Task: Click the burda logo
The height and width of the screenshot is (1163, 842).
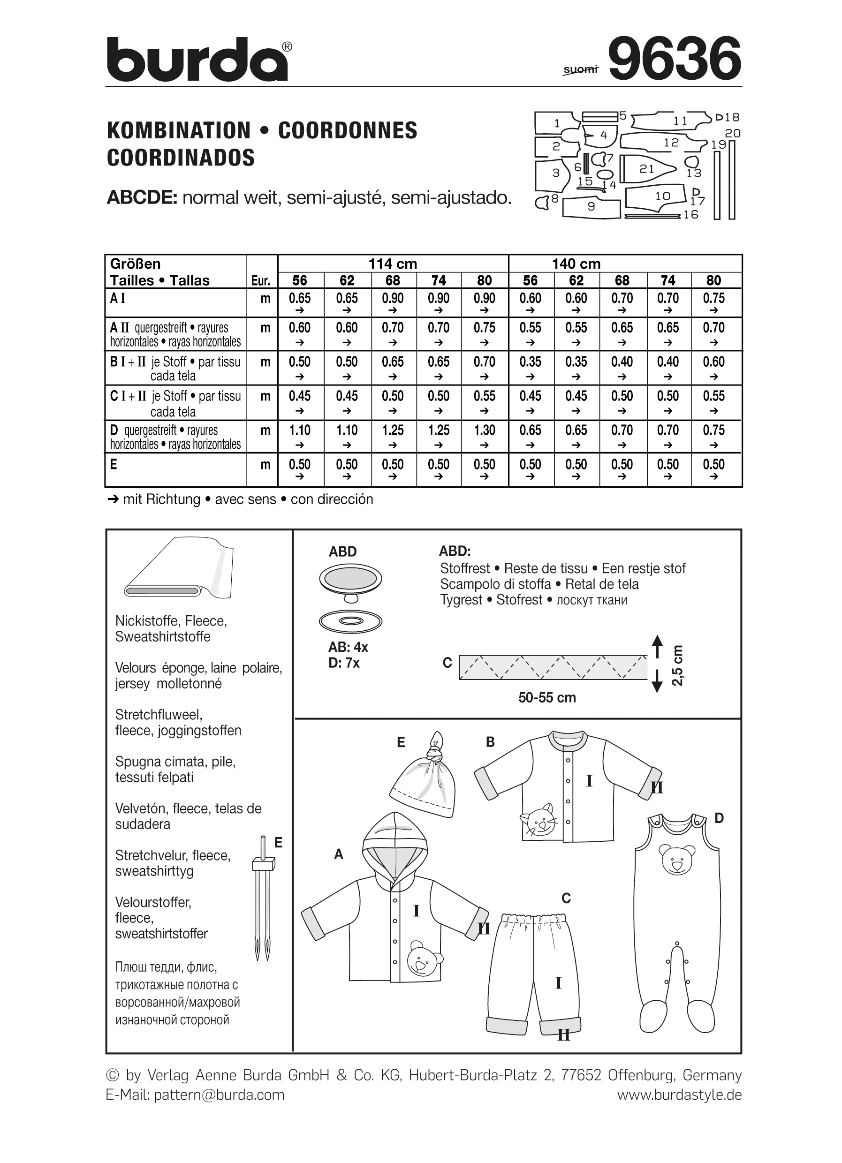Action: pyautogui.click(x=197, y=60)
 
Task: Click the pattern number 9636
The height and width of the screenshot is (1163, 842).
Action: pyautogui.click(x=675, y=59)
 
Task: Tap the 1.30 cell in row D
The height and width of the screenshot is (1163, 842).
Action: pyautogui.click(x=484, y=431)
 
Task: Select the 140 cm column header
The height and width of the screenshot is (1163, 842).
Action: pyautogui.click(x=576, y=264)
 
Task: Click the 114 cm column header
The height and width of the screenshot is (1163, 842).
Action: pyautogui.click(x=393, y=264)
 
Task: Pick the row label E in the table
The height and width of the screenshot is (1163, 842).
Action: pyautogui.click(x=114, y=465)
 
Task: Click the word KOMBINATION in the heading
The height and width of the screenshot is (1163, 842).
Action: pyautogui.click(x=178, y=131)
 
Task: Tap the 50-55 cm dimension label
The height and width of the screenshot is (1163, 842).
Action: pyautogui.click(x=546, y=698)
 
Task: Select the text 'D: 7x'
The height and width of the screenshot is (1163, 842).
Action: pyautogui.click(x=344, y=663)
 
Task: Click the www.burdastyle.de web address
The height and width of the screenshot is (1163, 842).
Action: pyautogui.click(x=679, y=1095)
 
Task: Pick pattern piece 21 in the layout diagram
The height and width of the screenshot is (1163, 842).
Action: pyautogui.click(x=647, y=169)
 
